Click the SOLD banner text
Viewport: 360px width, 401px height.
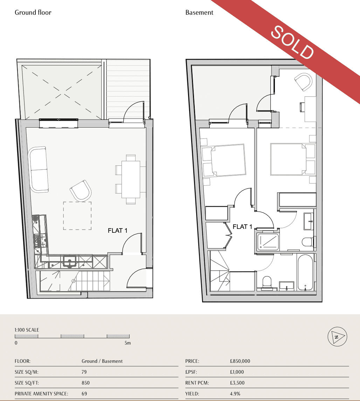[x=292, y=42]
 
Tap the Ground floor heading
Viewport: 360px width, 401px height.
[x=33, y=13]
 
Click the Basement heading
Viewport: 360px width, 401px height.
[x=199, y=13]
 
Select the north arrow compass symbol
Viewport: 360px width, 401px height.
[x=337, y=337]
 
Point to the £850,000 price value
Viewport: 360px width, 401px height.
[x=240, y=361]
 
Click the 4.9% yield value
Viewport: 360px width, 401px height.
[x=235, y=394]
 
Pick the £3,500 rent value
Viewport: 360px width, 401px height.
[x=237, y=383]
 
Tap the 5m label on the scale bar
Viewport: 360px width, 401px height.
[x=127, y=343]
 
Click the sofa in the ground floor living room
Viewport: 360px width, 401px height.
[x=39, y=169]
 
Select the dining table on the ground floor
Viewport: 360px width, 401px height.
[x=131, y=179]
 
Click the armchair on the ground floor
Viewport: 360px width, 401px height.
[x=81, y=191]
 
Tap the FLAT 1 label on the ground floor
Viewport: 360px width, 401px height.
[x=118, y=231]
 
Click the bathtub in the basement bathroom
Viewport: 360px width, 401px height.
[x=305, y=272]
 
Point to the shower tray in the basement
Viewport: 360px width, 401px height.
[x=268, y=242]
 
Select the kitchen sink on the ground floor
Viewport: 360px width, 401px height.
[x=69, y=261]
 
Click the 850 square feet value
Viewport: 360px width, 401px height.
[x=85, y=383]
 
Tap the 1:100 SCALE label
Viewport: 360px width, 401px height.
[x=27, y=330]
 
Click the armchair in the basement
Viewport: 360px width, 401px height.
[x=303, y=82]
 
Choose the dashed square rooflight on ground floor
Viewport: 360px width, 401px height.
[x=77, y=216]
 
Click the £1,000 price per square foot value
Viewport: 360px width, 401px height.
[x=237, y=372]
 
